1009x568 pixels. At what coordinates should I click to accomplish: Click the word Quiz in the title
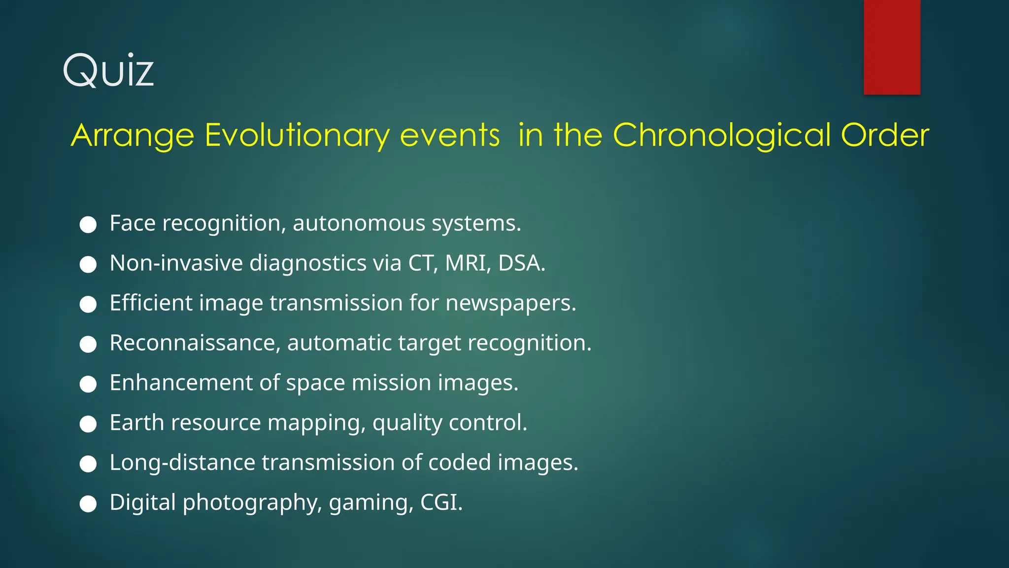point(108,71)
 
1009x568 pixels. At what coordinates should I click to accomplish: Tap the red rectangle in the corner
point(891,47)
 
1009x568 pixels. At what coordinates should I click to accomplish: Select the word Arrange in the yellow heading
point(133,135)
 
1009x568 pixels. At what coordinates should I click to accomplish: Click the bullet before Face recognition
point(88,225)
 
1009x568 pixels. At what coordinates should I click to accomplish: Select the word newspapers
point(510,303)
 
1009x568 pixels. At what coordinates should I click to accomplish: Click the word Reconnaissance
point(195,343)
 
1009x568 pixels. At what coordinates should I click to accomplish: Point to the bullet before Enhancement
point(88,385)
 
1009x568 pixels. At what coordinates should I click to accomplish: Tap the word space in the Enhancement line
point(315,383)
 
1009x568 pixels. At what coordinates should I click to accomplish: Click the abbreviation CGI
point(441,502)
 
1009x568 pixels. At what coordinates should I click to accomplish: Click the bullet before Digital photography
point(88,504)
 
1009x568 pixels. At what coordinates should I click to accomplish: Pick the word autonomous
point(359,223)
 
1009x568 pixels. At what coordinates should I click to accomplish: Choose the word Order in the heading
point(885,135)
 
